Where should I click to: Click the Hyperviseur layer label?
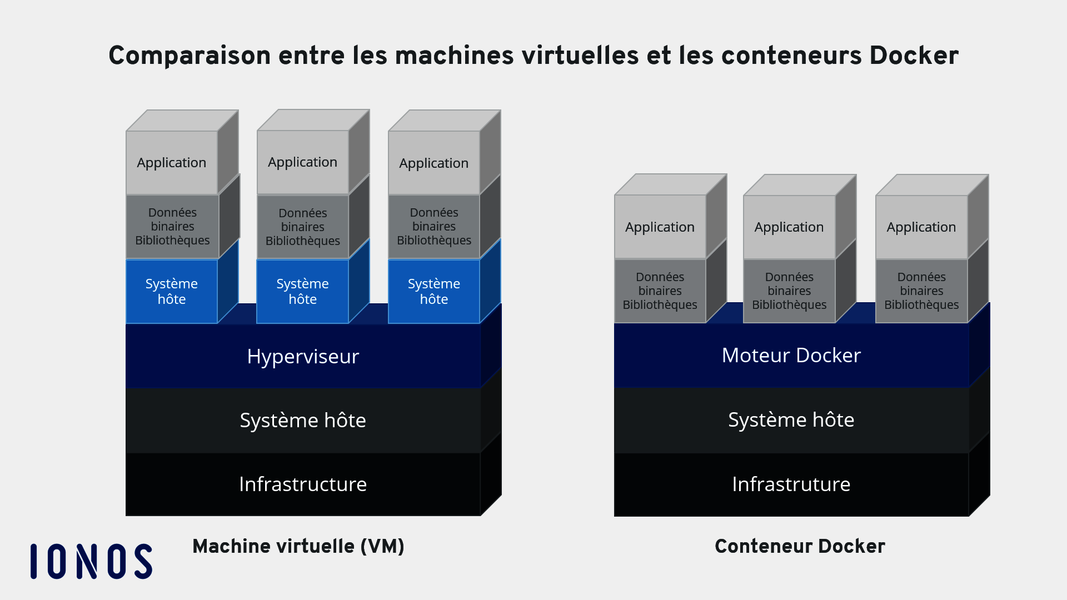303,356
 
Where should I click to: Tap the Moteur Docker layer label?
791,355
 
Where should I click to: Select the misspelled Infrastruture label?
791,484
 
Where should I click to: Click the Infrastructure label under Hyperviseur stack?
303,484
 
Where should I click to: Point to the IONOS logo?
91,561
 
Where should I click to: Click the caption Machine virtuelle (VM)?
298,546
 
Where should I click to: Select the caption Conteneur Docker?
800,546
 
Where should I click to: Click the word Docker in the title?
914,56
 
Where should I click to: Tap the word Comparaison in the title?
190,56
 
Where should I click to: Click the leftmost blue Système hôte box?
172,291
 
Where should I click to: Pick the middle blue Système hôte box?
303,291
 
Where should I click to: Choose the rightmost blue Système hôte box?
434,291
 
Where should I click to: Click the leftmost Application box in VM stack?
172,163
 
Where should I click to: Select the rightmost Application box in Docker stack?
921,227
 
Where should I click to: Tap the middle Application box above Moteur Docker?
789,227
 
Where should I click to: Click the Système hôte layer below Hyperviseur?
303,420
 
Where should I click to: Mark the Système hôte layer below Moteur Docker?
791,419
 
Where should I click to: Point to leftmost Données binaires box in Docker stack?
660,291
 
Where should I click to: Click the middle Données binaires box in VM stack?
303,227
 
